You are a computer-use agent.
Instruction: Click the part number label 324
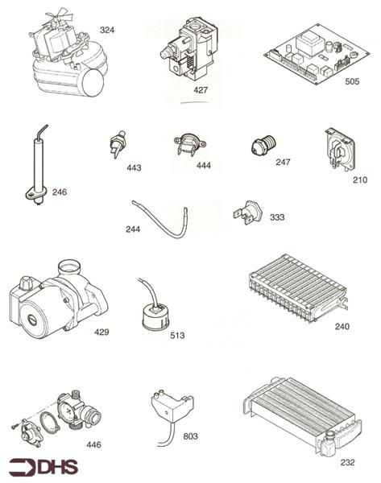click(x=107, y=30)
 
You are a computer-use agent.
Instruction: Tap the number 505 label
click(x=352, y=80)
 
